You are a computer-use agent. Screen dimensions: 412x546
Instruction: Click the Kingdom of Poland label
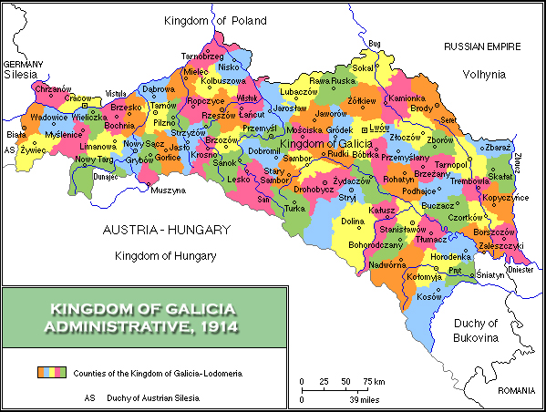coord(215,20)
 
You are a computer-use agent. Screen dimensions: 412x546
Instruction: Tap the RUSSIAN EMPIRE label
coord(481,46)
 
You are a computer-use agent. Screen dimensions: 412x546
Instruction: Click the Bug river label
coord(374,43)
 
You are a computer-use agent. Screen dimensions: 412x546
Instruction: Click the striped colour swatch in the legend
coord(53,373)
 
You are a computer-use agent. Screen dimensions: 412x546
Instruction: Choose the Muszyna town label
coord(168,191)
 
